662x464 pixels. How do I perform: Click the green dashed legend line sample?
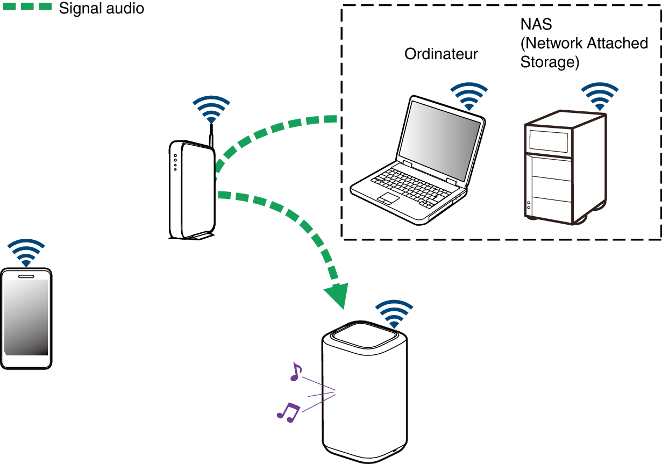[x=27, y=8]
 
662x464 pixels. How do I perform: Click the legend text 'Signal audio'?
[x=101, y=9]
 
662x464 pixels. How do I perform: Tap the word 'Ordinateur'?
[x=441, y=54]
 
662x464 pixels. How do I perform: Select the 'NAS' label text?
[x=536, y=25]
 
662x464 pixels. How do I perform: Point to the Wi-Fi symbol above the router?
[x=211, y=110]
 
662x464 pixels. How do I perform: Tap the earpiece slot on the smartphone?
[x=26, y=277]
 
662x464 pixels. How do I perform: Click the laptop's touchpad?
[x=387, y=198]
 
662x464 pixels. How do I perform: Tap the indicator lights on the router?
[x=175, y=162]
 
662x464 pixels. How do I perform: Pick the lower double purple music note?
[x=288, y=412]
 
